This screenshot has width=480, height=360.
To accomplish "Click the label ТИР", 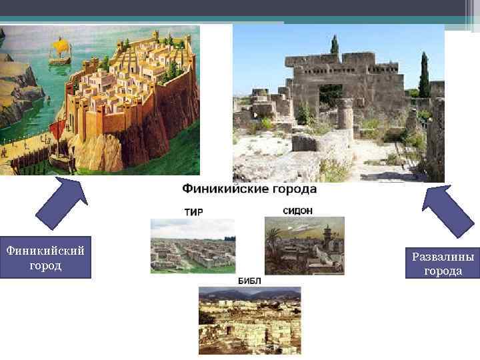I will tap(193, 212).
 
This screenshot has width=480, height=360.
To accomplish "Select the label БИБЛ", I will tap(231, 281).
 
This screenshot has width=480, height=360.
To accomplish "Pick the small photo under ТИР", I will tap(193, 245).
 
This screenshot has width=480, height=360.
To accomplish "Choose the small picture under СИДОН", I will tap(304, 245).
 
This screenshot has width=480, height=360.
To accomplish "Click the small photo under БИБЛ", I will tap(250, 320).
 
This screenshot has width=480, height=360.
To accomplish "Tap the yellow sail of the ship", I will tap(61, 47).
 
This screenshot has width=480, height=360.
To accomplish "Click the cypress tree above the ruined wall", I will tap(334, 45).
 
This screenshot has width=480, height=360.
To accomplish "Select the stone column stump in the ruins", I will tap(345, 115).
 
